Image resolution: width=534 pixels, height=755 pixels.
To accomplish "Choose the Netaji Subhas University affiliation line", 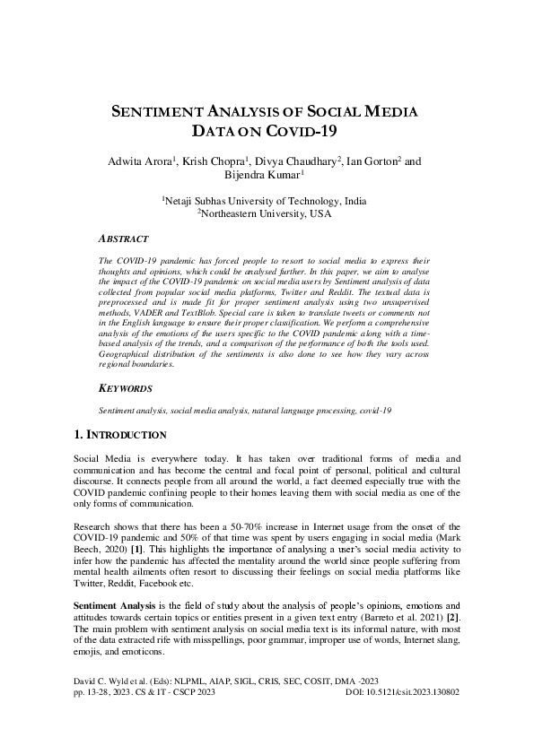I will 265,202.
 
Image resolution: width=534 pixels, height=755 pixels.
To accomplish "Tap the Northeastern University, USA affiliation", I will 265,215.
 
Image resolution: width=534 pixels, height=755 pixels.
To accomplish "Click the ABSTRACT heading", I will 123,240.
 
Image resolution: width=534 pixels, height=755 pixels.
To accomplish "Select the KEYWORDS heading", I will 125,389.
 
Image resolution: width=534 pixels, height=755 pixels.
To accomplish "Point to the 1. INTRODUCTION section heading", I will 119,435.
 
